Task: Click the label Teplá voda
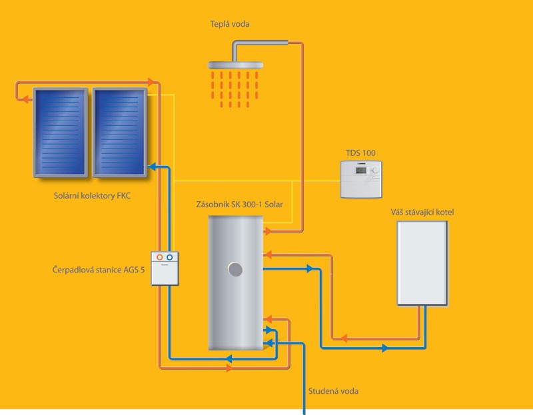pos(229,24)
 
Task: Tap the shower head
pos(235,65)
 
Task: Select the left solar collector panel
pos(61,133)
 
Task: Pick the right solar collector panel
pos(120,133)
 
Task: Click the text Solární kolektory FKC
pos(92,196)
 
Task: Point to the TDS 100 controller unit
pos(361,179)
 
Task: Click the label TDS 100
pos(360,153)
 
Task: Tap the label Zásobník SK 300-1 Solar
pos(239,205)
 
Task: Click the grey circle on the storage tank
pos(235,270)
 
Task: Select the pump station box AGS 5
pos(165,268)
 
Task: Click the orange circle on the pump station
pos(159,258)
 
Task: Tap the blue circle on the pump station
pos(170,258)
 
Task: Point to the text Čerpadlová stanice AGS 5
pos(99,270)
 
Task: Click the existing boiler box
pos(422,263)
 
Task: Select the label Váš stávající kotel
pos(422,212)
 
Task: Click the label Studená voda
pos(333,391)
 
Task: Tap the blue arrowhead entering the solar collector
pos(152,167)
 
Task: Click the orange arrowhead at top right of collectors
pos(151,82)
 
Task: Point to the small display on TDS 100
pos(360,170)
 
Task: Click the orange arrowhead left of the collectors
pos(25,99)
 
